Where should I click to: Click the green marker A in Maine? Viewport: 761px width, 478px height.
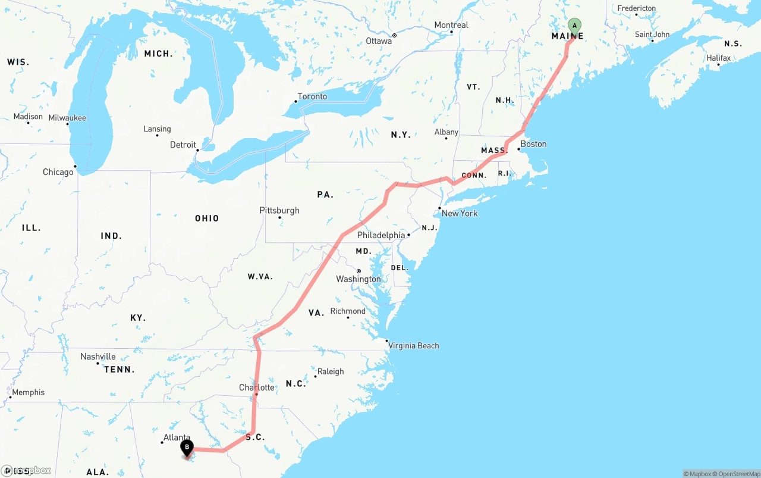(574, 26)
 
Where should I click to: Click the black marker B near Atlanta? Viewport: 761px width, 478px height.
(187, 447)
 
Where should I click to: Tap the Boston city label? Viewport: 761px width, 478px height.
(533, 144)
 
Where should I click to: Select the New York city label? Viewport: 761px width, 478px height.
(460, 213)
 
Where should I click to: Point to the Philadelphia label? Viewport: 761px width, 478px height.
(380, 235)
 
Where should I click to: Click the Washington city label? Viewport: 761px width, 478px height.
(359, 279)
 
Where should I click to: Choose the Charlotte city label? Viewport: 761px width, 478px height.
(257, 388)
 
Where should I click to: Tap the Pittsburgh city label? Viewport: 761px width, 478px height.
(279, 210)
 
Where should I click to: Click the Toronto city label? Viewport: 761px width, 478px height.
(312, 96)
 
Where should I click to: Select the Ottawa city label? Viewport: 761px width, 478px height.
(379, 41)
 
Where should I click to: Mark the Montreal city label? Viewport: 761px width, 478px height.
(451, 25)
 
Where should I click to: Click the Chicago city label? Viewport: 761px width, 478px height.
(58, 172)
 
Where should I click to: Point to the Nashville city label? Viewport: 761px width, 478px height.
(98, 357)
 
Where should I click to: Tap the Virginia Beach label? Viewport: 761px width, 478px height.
(414, 346)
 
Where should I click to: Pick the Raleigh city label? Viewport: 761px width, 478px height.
(331, 371)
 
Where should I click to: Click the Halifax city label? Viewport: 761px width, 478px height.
(719, 58)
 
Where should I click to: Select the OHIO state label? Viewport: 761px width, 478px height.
(207, 218)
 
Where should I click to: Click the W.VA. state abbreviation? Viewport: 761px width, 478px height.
(260, 276)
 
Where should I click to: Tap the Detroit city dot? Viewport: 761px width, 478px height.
(198, 149)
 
